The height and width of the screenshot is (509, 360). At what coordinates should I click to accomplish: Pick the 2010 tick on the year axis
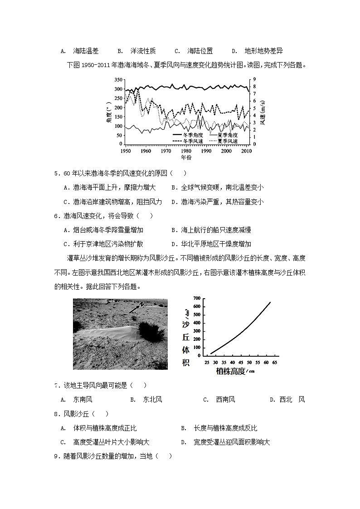pyautogui.click(x=246, y=150)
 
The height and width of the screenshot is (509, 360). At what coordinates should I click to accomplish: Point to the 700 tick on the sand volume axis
pyautogui.click(x=196, y=298)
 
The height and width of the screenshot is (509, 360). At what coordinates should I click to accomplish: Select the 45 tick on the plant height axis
pyautogui.click(x=241, y=363)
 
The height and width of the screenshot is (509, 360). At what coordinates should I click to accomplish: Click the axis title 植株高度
pyautogui.click(x=231, y=372)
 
